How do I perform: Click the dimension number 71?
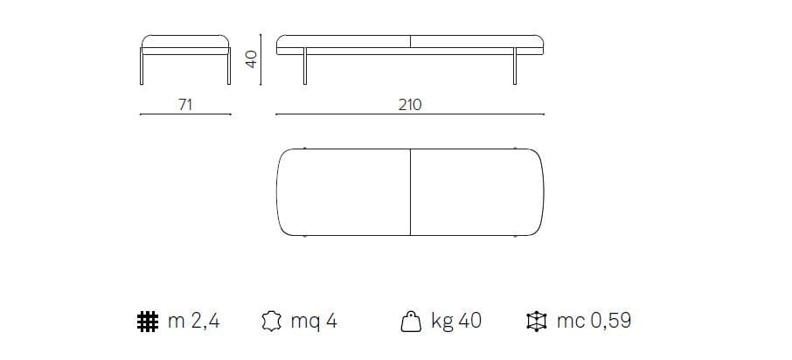click(x=184, y=104)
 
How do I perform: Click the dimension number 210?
click(x=410, y=104)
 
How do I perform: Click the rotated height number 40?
click(x=251, y=59)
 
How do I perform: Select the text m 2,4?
click(x=193, y=322)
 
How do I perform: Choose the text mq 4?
click(x=314, y=322)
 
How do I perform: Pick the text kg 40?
click(x=455, y=322)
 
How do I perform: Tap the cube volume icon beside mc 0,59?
click(x=538, y=322)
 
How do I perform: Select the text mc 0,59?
click(x=594, y=322)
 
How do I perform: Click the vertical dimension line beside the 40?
click(x=262, y=59)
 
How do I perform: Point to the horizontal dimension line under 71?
click(x=184, y=114)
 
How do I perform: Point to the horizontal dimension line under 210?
click(x=410, y=114)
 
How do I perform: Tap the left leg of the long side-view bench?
click(x=304, y=70)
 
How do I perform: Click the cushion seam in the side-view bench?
click(x=410, y=41)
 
